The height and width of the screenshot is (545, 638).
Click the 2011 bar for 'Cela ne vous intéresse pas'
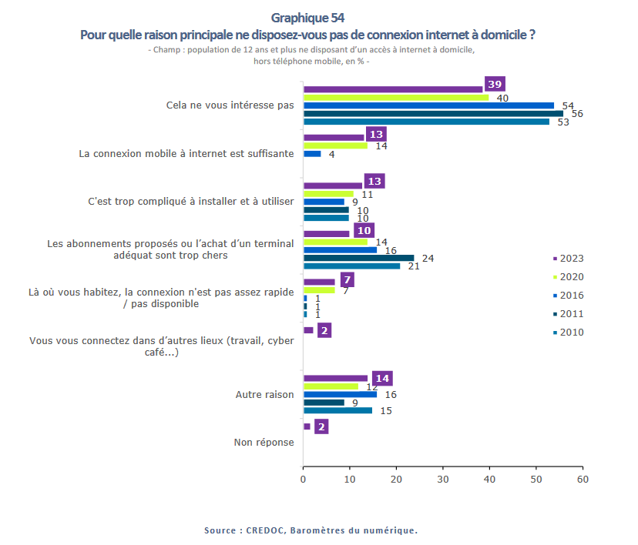click(433, 113)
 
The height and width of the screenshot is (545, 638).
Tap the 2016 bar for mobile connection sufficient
click(312, 154)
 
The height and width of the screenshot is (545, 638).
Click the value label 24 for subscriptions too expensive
click(428, 259)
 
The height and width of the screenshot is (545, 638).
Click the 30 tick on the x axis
click(443, 480)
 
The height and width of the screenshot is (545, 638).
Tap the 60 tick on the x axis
click(583, 480)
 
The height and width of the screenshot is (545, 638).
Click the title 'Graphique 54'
click(308, 18)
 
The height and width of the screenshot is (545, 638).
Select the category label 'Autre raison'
click(264, 394)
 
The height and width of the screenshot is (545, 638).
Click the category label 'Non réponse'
click(264, 442)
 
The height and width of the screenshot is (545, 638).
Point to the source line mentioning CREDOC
click(311, 530)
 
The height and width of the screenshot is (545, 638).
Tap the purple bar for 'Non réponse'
click(307, 426)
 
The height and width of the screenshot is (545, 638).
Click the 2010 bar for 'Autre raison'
click(338, 410)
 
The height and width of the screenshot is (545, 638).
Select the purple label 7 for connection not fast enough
click(347, 279)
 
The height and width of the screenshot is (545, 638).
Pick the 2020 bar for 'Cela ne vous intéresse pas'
click(396, 98)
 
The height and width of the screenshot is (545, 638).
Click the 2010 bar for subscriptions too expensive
click(352, 266)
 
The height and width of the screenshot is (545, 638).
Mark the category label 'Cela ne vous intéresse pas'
click(230, 105)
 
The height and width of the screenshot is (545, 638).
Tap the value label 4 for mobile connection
click(331, 155)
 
